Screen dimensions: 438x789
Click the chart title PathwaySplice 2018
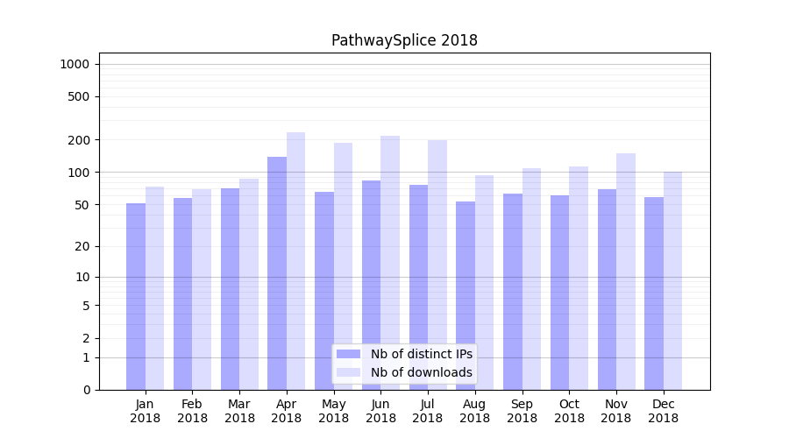click(404, 40)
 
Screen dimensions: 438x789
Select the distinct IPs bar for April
click(277, 273)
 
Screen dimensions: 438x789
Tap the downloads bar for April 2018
click(296, 261)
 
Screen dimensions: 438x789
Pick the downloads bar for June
click(390, 263)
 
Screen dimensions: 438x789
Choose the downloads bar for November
click(626, 272)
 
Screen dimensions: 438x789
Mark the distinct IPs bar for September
click(513, 292)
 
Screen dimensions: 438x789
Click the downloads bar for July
click(437, 265)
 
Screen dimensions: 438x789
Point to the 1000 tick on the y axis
click(75, 64)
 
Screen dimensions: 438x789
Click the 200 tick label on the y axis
click(79, 140)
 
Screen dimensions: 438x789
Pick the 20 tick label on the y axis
click(82, 246)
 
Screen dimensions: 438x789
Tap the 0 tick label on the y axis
click(86, 390)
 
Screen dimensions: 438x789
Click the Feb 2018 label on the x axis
click(193, 411)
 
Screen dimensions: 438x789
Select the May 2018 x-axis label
click(334, 411)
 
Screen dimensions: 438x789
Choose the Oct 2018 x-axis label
click(569, 411)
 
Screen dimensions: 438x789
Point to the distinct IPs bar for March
click(231, 289)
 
